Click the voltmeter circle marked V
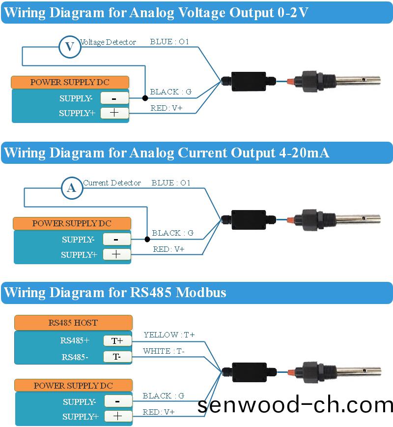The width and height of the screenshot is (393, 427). click(70, 47)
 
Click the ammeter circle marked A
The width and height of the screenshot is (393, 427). click(72, 187)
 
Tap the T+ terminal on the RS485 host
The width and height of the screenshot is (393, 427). click(117, 340)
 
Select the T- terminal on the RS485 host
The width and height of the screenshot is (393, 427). click(117, 357)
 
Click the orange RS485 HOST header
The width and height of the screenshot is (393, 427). click(73, 323)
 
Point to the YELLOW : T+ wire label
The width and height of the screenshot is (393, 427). click(169, 335)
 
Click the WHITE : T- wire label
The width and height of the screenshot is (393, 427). click(164, 351)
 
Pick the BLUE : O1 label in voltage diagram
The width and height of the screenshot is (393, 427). click(169, 42)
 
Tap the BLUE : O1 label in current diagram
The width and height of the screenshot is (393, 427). click(171, 183)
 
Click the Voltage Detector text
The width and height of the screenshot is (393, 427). click(108, 42)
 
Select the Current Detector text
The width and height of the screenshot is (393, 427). click(112, 183)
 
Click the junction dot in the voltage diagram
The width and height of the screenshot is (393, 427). click(145, 98)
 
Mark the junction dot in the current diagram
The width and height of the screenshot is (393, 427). click(147, 240)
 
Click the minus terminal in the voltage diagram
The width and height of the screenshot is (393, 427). click(114, 98)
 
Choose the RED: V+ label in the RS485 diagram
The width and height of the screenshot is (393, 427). click(159, 412)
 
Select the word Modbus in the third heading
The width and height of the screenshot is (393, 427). click(201, 293)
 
